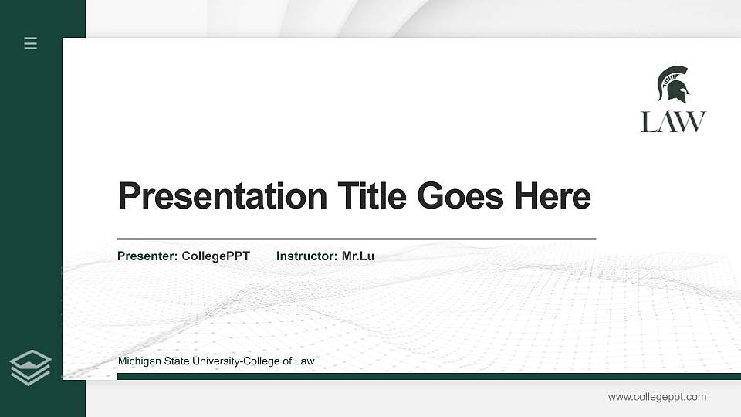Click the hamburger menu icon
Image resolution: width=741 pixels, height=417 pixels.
[31, 43]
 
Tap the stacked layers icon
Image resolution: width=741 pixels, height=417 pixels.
[30, 367]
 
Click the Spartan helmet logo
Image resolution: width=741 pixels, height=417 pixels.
[673, 84]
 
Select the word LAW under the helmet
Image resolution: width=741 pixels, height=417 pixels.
[673, 122]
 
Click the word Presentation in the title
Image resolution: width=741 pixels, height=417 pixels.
[222, 196]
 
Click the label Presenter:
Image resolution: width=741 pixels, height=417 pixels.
[147, 256]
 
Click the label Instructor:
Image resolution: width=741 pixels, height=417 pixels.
[307, 256]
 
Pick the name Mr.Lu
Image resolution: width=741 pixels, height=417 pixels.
[358, 256]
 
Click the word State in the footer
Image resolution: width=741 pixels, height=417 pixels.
[178, 361]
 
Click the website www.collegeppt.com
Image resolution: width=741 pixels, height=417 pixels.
[657, 397]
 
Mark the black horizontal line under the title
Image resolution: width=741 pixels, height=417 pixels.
[357, 239]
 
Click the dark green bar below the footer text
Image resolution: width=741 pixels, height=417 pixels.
[428, 376]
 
